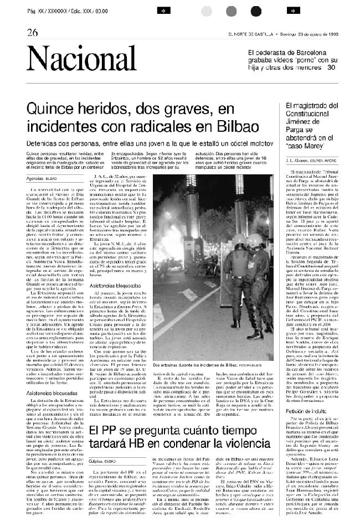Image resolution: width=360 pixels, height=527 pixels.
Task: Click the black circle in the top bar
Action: click(256, 12)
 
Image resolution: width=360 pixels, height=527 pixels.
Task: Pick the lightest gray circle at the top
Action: click(207, 12)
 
